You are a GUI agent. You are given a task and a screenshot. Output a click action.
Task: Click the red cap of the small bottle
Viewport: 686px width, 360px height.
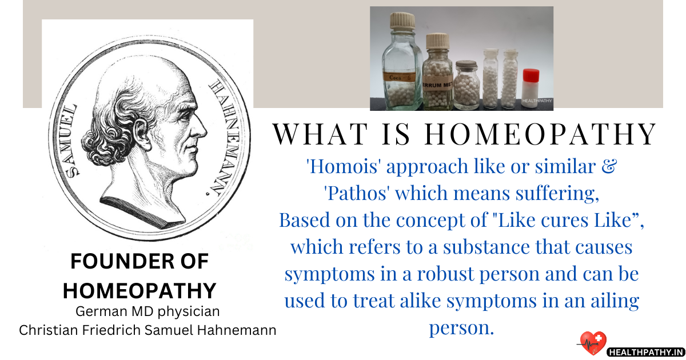point(531,75)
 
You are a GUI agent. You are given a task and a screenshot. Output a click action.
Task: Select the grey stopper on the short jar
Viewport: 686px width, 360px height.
point(466,64)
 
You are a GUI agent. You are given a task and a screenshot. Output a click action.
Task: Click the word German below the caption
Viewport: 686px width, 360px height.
point(99,312)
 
